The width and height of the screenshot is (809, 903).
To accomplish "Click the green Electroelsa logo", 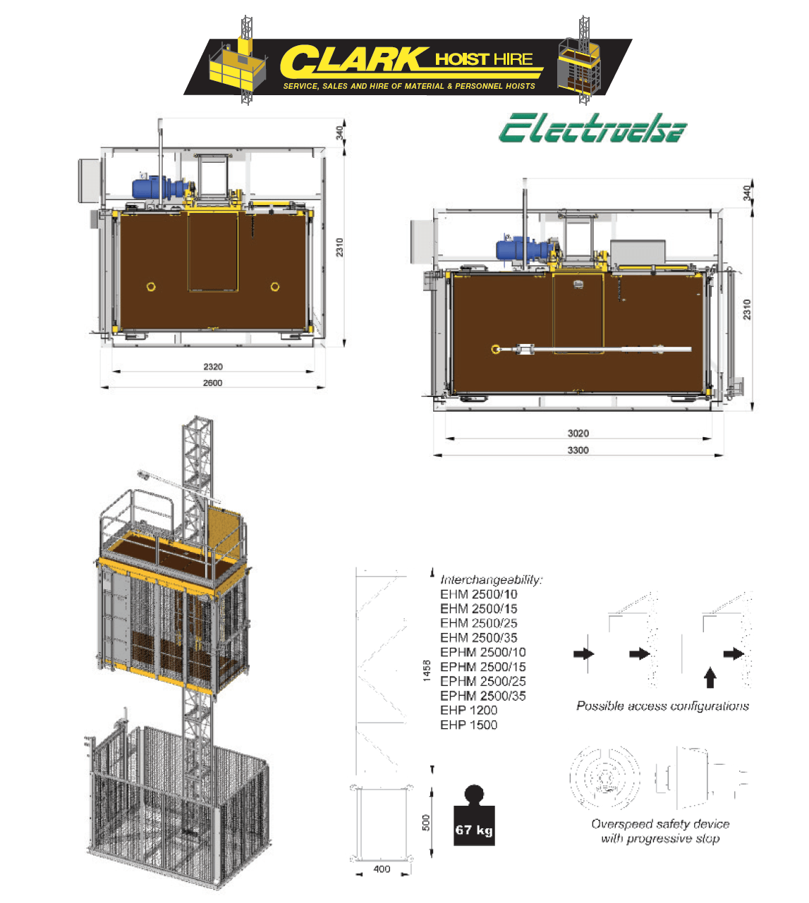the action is [x=592, y=128].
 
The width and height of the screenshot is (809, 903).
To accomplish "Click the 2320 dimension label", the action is [x=213, y=367].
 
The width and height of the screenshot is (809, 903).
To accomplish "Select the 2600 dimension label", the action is [x=212, y=383].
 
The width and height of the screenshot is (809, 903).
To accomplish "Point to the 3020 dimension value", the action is [x=578, y=434].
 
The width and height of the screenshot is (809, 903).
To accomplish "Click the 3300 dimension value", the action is [x=578, y=450].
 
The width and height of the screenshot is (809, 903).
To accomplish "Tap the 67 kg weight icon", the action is [x=474, y=815].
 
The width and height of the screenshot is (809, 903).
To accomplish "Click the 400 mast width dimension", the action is [x=382, y=868].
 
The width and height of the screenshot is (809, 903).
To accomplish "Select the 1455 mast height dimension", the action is [x=427, y=671].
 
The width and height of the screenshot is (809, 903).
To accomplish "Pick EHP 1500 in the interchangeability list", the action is [x=468, y=725].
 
